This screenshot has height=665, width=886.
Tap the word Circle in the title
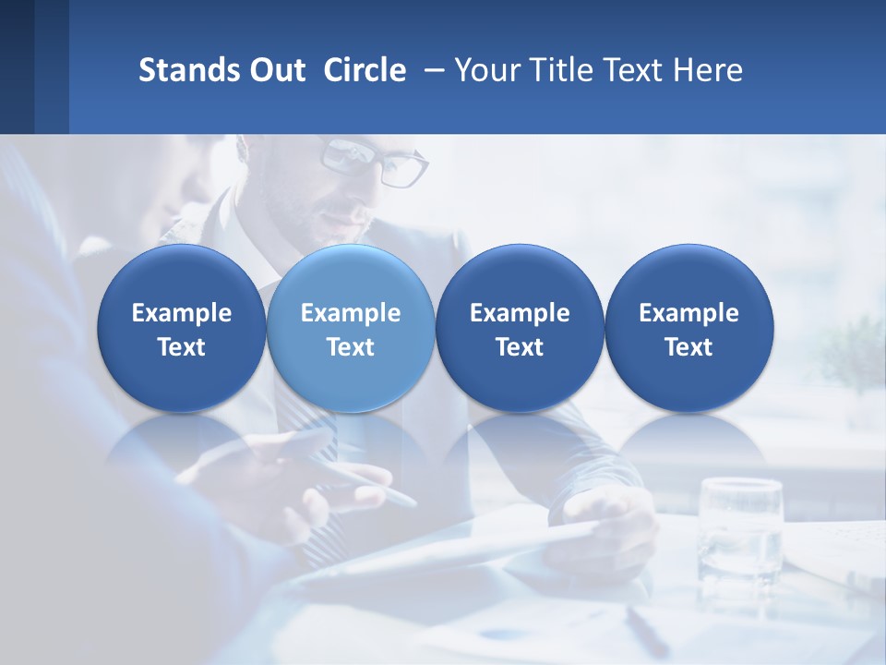click(365, 70)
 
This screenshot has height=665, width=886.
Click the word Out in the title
click(276, 70)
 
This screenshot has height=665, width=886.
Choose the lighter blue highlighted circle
click(351, 328)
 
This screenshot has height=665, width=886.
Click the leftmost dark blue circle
click(181, 328)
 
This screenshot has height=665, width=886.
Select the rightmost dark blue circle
click(688, 328)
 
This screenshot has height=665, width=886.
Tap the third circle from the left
click(520, 328)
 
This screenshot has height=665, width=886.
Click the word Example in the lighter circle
click(351, 313)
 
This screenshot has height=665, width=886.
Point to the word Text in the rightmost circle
click(688, 347)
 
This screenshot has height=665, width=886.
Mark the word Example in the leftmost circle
click(181, 313)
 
